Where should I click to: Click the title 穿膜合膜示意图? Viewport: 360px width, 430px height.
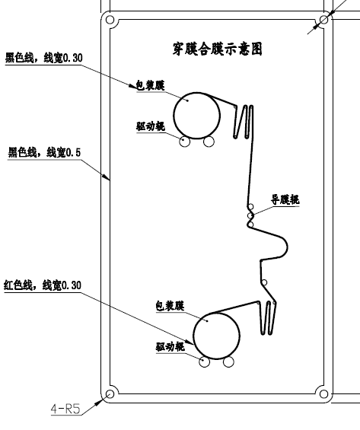(x=218, y=49)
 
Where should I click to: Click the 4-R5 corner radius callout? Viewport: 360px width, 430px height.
(x=65, y=409)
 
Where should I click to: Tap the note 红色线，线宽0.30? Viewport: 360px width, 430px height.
(x=43, y=285)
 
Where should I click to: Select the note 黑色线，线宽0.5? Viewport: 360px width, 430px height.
(x=44, y=152)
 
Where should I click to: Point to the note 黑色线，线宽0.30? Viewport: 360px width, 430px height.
(x=44, y=58)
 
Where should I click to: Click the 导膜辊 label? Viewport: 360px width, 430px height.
(x=285, y=199)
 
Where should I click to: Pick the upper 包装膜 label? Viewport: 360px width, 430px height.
(x=151, y=85)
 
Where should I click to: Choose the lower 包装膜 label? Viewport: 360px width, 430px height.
(x=170, y=306)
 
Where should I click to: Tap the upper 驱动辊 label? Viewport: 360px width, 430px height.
(x=151, y=126)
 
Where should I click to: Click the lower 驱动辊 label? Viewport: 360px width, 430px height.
(x=170, y=347)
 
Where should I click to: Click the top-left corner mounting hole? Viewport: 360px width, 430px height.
(x=110, y=20)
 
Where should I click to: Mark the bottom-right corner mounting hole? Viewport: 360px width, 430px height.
(x=323, y=394)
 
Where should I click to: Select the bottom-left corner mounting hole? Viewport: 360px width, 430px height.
(x=110, y=394)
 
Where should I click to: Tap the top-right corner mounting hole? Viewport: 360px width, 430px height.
(x=323, y=20)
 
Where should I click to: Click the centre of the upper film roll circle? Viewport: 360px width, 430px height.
(x=196, y=116)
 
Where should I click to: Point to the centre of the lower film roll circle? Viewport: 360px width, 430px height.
(x=216, y=336)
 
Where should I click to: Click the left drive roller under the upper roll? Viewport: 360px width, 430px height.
(x=184, y=142)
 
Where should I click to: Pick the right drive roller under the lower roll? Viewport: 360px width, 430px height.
(x=228, y=362)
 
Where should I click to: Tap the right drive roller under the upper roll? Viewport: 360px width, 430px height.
(x=209, y=142)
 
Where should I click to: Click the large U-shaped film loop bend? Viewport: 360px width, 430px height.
(x=287, y=247)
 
